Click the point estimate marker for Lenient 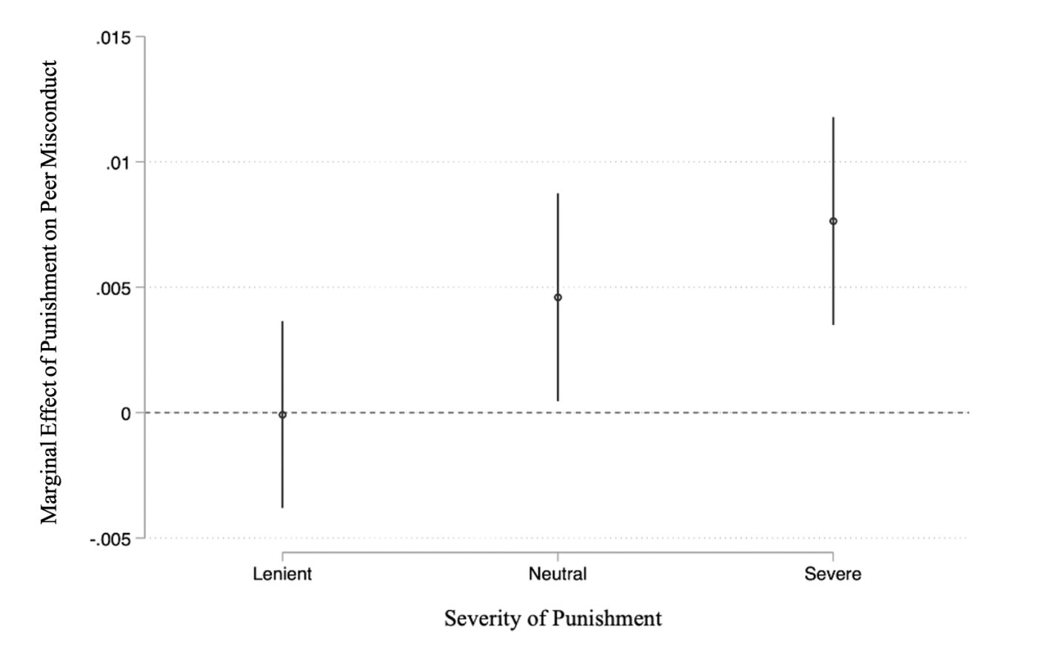pyautogui.click(x=282, y=415)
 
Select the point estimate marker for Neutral pyautogui.click(x=558, y=298)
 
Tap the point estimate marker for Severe pyautogui.click(x=833, y=221)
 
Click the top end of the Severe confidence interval pyautogui.click(x=833, y=118)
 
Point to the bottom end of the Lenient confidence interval pyautogui.click(x=282, y=507)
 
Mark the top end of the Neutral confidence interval pyautogui.click(x=558, y=194)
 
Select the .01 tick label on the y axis pyautogui.click(x=118, y=163)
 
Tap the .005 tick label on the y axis pyautogui.click(x=113, y=289)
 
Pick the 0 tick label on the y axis pyautogui.click(x=126, y=414)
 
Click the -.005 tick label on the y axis pyautogui.click(x=110, y=540)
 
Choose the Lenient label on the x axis pyautogui.click(x=282, y=574)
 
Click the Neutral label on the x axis pyautogui.click(x=558, y=574)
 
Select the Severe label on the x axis pyautogui.click(x=833, y=574)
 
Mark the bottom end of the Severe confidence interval pyautogui.click(x=833, y=324)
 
